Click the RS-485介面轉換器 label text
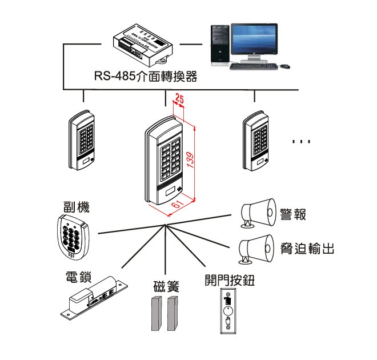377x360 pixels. pos(146,77)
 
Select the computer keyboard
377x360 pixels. pos(255,66)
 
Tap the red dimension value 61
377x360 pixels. pos(178,204)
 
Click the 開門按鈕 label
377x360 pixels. pos(229,280)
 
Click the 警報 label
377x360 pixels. pos(293,215)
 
